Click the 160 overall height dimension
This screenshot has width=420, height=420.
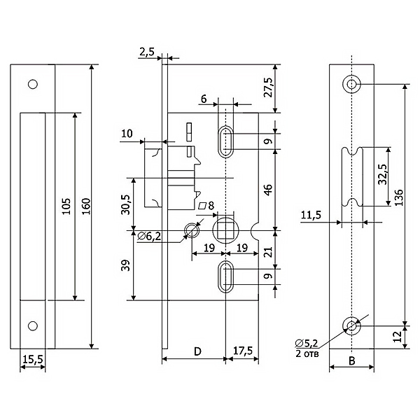click(86, 206)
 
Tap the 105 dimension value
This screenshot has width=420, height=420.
click(66, 206)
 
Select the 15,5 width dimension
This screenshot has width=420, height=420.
click(33, 359)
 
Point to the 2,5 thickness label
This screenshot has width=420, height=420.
click(147, 51)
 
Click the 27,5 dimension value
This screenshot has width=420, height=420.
click(268, 87)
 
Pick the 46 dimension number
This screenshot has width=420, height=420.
click(268, 190)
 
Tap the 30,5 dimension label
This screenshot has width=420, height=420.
click(125, 204)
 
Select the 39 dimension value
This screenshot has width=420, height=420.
click(125, 265)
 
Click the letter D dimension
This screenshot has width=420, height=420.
click(197, 351)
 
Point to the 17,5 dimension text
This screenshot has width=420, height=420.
click(243, 351)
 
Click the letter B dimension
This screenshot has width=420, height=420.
click(352, 360)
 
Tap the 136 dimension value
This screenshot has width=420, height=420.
click(399, 197)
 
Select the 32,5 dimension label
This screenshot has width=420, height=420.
click(383, 174)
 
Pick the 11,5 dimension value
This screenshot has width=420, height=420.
click(311, 215)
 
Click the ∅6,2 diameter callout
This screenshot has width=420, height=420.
click(149, 237)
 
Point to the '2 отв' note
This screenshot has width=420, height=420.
click(307, 353)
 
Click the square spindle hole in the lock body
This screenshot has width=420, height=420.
click(225, 230)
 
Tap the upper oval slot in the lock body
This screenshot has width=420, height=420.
click(226, 141)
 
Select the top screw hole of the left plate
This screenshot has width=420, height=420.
click(33, 84)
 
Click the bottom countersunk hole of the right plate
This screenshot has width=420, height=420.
click(351, 325)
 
